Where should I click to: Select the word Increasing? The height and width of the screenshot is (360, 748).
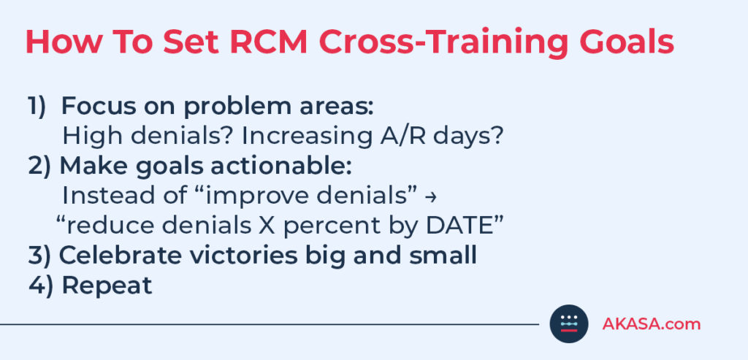[x=305, y=136]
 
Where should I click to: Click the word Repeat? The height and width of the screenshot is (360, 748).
[x=107, y=286]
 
